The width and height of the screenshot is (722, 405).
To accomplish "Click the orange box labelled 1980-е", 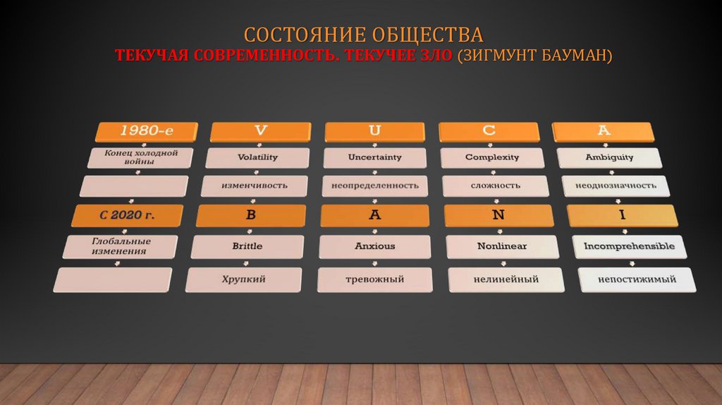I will click(x=147, y=131).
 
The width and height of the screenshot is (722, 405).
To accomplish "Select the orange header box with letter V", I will click(x=261, y=131).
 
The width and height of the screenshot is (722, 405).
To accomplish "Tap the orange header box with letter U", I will click(x=375, y=131).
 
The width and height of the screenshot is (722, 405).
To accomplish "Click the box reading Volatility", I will click(x=257, y=157).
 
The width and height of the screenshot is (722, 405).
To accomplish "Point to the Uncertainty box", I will click(x=374, y=157).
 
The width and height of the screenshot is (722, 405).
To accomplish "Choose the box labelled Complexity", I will click(x=492, y=157).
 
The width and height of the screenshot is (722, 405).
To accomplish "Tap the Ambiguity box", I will click(x=609, y=157).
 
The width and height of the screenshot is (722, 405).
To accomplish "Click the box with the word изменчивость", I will click(x=255, y=186).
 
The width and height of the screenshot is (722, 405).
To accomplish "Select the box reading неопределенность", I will click(x=374, y=186).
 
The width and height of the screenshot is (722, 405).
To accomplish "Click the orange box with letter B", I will click(x=250, y=215).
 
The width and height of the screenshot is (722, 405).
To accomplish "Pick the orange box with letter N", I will click(x=498, y=215).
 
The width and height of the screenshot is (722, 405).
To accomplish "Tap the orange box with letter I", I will click(x=622, y=215).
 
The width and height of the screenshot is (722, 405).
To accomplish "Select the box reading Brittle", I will click(x=247, y=246).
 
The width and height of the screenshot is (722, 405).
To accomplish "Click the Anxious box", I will click(x=374, y=246).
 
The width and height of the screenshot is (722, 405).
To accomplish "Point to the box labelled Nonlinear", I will click(x=501, y=246).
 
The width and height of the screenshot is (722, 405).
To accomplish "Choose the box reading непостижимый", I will click(x=637, y=279).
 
